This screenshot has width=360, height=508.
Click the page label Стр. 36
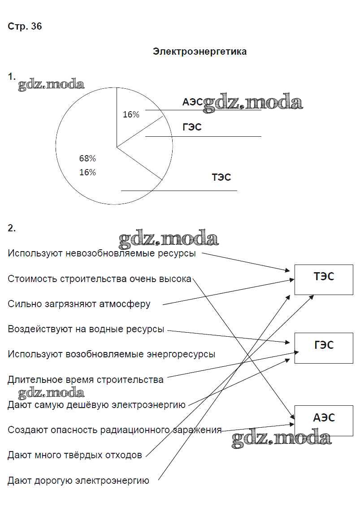(x=25, y=26)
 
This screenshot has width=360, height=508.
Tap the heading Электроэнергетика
(x=200, y=52)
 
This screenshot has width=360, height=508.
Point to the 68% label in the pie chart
(x=87, y=158)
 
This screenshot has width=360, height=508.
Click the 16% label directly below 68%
(x=87, y=172)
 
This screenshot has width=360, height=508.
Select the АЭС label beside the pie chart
(x=192, y=102)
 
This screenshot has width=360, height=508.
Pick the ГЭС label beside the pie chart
(x=192, y=127)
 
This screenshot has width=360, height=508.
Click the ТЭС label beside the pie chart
(x=221, y=177)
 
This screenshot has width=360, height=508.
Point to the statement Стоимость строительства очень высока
(x=100, y=279)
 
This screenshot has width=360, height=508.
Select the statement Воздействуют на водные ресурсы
(x=86, y=329)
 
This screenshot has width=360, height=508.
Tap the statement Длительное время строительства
(x=86, y=380)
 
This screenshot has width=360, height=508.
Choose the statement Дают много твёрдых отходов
(x=75, y=455)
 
